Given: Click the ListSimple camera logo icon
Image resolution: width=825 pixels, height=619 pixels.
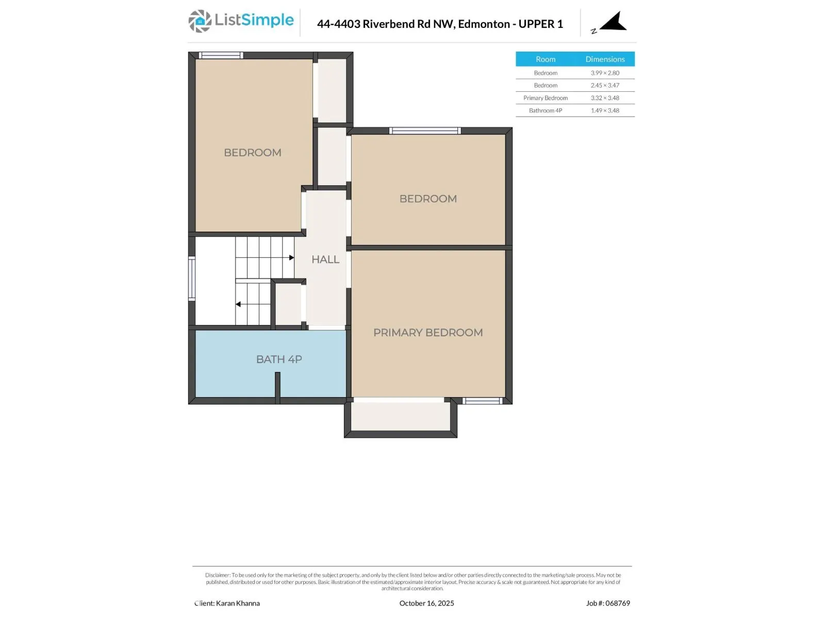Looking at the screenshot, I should pyautogui.click(x=200, y=21).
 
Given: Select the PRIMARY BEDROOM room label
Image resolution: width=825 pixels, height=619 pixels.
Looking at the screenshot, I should pyautogui.click(x=428, y=333).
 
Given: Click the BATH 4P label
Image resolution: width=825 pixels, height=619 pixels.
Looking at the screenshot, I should pyautogui.click(x=279, y=360).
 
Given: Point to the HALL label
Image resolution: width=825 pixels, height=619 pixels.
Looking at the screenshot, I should pyautogui.click(x=325, y=259).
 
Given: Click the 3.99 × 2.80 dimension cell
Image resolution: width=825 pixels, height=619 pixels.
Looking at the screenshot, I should pyautogui.click(x=605, y=73).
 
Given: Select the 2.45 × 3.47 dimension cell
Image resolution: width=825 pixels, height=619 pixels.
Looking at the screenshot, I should pyautogui.click(x=605, y=85).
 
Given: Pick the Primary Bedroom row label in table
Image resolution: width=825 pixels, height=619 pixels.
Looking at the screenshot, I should pyautogui.click(x=546, y=98).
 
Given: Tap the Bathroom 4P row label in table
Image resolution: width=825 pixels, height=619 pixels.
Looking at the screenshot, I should pyautogui.click(x=546, y=110).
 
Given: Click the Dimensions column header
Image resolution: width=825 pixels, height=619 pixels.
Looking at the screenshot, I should pyautogui.click(x=605, y=59).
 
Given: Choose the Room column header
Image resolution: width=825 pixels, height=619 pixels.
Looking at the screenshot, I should pyautogui.click(x=546, y=59).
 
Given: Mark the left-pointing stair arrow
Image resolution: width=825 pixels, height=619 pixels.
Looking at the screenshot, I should pyautogui.click(x=239, y=304).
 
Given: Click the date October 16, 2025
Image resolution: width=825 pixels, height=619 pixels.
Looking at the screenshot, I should pyautogui.click(x=426, y=603).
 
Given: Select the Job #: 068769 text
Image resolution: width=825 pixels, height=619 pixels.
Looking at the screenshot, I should pyautogui.click(x=608, y=603).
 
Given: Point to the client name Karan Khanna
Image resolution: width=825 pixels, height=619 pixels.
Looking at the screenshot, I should pyautogui.click(x=238, y=603).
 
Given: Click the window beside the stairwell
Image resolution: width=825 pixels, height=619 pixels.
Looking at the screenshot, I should pyautogui.click(x=192, y=279).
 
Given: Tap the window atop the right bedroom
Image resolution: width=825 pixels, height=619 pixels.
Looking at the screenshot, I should pyautogui.click(x=425, y=131).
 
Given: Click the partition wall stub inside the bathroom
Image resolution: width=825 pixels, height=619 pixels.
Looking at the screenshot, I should pyautogui.click(x=277, y=387).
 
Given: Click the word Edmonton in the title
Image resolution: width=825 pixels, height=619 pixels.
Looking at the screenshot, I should pyautogui.click(x=484, y=24).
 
